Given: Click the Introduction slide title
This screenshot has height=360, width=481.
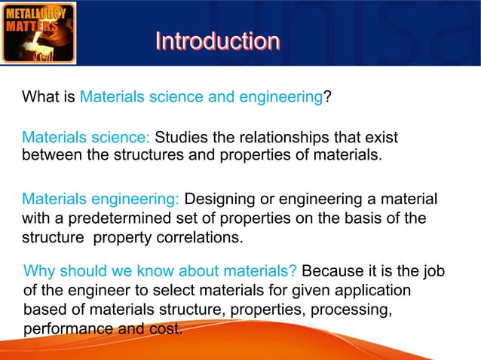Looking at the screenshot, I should pyautogui.click(x=217, y=41).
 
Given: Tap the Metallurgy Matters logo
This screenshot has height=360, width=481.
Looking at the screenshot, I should pyautogui.click(x=38, y=32).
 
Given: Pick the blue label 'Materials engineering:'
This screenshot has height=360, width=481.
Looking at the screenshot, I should pyautogui.click(x=100, y=200).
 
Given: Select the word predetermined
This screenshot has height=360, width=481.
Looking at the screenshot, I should pyautogui.click(x=113, y=219).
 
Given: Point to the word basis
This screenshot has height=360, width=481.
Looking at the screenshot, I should pyautogui.click(x=367, y=219).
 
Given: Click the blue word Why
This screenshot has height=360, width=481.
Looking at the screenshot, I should pyautogui.click(x=39, y=271).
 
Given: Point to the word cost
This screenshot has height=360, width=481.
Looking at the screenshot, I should pyautogui.click(x=168, y=329).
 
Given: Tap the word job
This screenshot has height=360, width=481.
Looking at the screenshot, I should pyautogui.click(x=432, y=271).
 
